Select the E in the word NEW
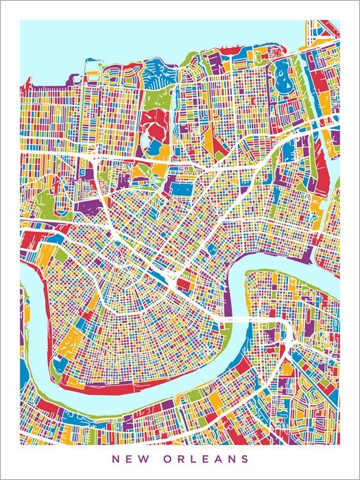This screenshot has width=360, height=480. coord(132,457)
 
